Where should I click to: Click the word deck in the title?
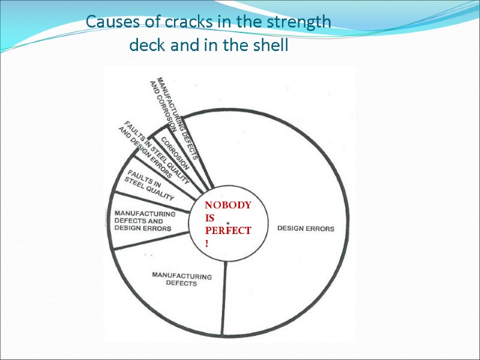[145, 46]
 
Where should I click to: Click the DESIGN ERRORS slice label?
[305, 229]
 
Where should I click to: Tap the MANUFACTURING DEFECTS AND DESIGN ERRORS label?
[144, 221]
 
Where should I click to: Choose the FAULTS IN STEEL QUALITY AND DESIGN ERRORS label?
[150, 153]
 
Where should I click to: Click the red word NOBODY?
[228, 205]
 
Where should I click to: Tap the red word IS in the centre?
[209, 218]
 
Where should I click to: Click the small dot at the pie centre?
[229, 223]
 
